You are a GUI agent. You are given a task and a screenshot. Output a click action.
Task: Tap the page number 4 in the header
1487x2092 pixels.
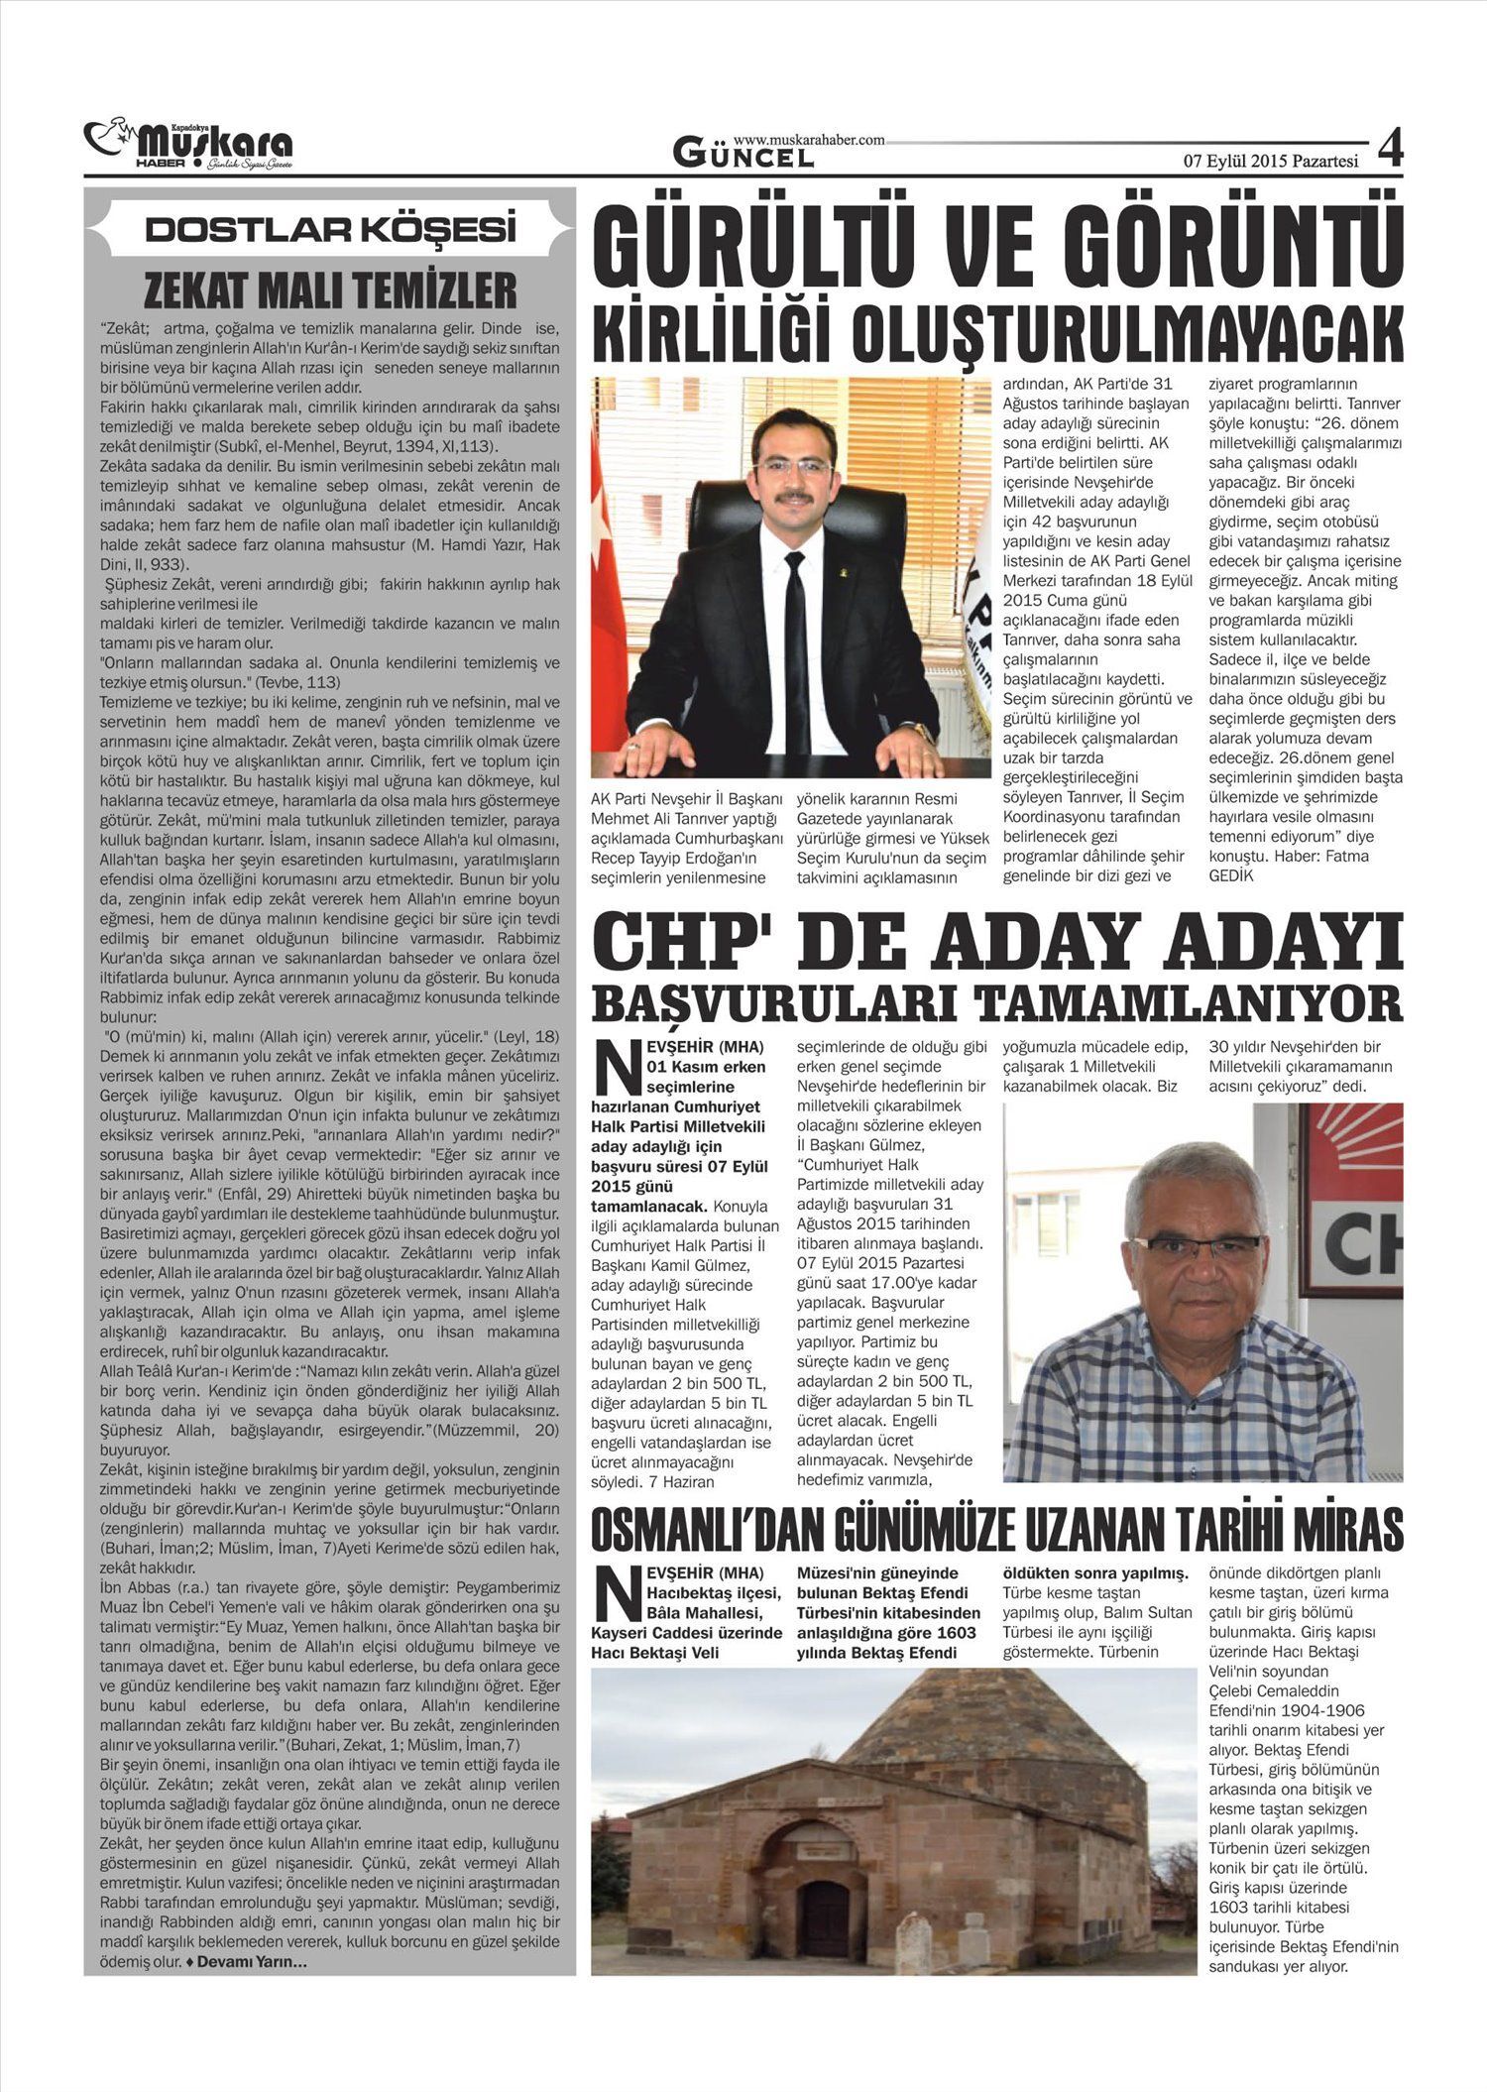click(x=1391, y=150)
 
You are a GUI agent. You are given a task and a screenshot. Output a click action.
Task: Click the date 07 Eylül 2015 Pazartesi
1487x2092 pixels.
click(x=1271, y=162)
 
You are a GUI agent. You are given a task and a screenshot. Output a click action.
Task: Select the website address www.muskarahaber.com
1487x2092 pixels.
click(x=809, y=141)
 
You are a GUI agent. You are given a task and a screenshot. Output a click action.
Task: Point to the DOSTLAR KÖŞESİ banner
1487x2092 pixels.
click(x=330, y=230)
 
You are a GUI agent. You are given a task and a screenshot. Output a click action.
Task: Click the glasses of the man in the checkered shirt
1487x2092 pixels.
click(x=1197, y=1247)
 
